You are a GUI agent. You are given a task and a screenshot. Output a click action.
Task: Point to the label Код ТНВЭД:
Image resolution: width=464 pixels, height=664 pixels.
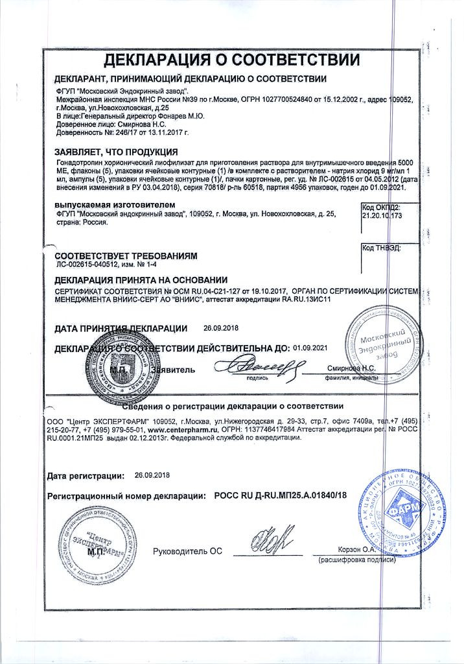(x=381, y=248)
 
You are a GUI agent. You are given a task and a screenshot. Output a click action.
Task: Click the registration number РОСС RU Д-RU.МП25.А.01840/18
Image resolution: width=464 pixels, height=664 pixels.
(x=280, y=495)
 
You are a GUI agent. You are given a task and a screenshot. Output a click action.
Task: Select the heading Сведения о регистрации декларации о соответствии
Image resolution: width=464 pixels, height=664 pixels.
(x=232, y=407)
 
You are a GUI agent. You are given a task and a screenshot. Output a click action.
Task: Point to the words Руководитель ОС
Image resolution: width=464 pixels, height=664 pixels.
(x=187, y=551)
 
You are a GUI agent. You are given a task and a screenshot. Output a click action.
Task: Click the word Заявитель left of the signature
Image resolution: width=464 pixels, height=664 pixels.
(x=172, y=369)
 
